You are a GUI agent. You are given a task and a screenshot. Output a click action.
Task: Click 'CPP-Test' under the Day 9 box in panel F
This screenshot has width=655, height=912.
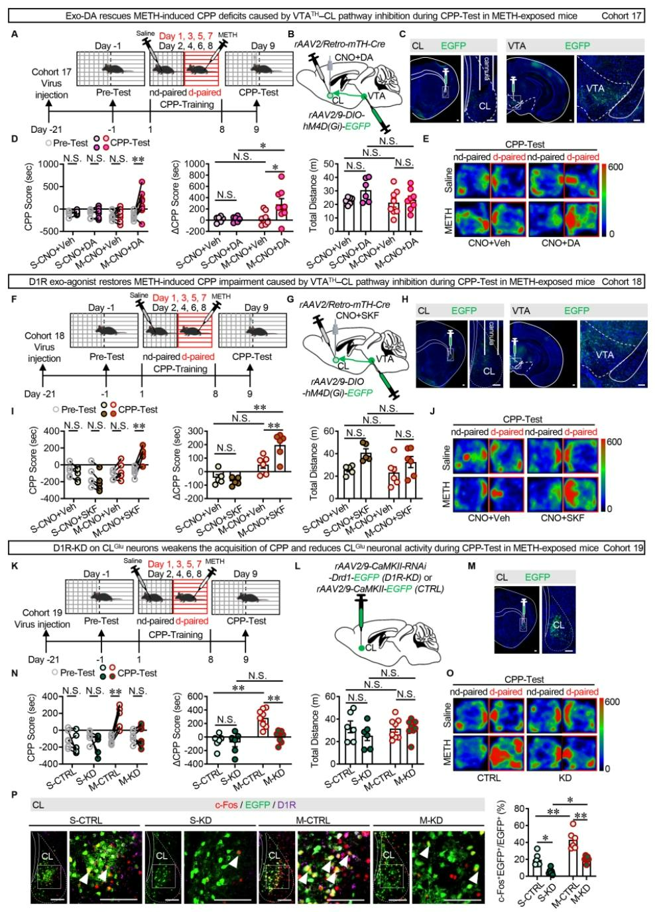click(x=253, y=356)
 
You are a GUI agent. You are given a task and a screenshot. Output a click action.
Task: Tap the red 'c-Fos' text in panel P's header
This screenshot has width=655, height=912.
click(x=228, y=805)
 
